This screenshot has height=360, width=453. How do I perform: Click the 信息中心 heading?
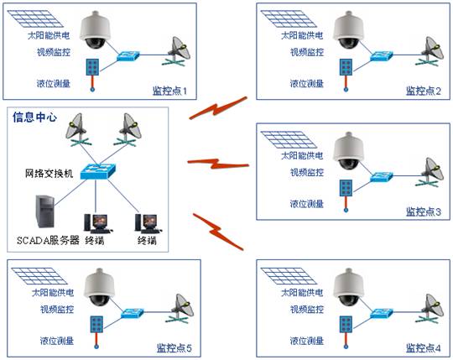click(34, 117)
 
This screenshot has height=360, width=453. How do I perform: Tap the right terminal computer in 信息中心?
click(146, 221)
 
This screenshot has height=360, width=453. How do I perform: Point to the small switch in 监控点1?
click(131, 57)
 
